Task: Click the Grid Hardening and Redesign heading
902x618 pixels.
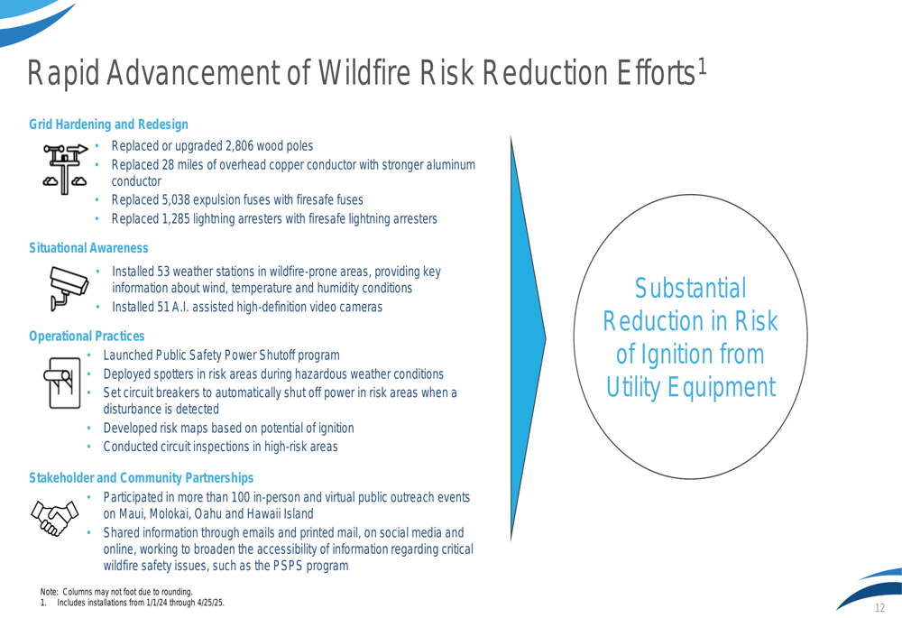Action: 109,125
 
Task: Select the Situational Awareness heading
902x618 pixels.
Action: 88,248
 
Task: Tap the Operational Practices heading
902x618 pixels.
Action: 87,336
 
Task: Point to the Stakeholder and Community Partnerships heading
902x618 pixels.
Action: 141,477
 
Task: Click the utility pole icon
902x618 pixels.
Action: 65,170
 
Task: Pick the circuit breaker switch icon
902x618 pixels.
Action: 62,383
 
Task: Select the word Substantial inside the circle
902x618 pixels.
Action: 690,289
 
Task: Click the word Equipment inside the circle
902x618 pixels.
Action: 722,387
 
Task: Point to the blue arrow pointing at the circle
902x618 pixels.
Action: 528,339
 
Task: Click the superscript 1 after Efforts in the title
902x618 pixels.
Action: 702,67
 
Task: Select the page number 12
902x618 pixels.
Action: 879,608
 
